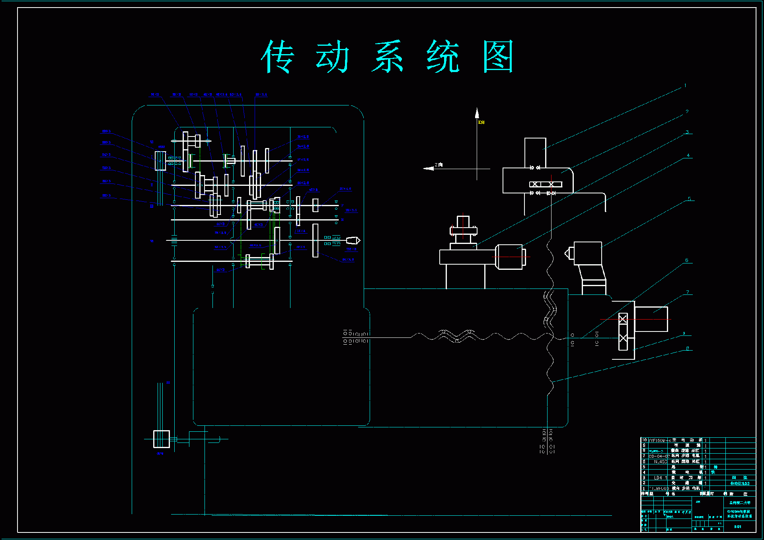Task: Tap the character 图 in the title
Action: (498, 57)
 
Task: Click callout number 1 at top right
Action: (685, 86)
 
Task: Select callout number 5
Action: (689, 199)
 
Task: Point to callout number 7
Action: (687, 292)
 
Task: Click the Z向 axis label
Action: (439, 164)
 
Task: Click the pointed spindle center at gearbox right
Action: (353, 240)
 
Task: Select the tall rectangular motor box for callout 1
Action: (535, 153)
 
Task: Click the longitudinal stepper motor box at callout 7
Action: (651, 319)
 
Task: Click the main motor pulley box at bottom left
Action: (162, 439)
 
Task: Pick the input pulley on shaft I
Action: (160, 161)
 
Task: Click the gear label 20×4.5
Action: (345, 189)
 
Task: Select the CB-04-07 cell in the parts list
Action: (659, 456)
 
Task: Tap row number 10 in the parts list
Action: (644, 440)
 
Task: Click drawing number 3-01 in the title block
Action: (738, 526)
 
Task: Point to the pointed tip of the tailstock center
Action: (565, 253)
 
